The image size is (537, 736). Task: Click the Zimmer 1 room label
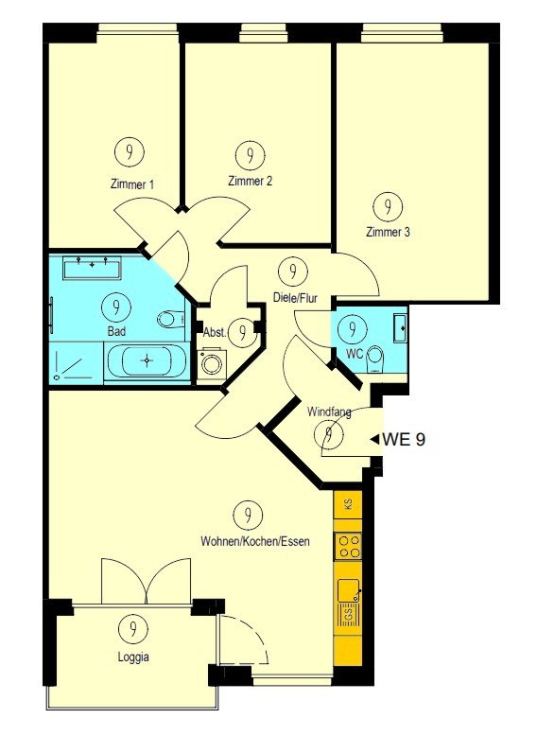coord(131,184)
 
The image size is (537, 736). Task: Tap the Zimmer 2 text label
coord(250,181)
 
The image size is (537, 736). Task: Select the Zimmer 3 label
coord(388,232)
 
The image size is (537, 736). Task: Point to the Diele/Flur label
coord(296,298)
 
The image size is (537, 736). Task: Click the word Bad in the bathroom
coord(116,331)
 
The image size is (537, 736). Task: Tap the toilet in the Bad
coord(171,320)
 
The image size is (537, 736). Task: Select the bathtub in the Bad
coord(147,360)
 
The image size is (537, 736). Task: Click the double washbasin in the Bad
coord(93,268)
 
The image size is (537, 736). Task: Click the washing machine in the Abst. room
coord(211,363)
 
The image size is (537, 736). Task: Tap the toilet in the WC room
coord(374,359)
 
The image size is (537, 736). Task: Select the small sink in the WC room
coord(400,327)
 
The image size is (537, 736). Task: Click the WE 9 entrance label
coord(405,439)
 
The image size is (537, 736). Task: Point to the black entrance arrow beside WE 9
coord(374,440)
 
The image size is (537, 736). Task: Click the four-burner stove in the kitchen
coord(348,547)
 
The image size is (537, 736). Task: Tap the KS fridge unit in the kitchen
coord(348,504)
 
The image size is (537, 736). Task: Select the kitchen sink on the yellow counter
coord(348,589)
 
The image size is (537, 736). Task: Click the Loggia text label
coord(133,657)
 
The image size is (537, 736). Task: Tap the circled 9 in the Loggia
coord(133,628)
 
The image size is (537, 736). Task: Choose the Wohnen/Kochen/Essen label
coord(255,541)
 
